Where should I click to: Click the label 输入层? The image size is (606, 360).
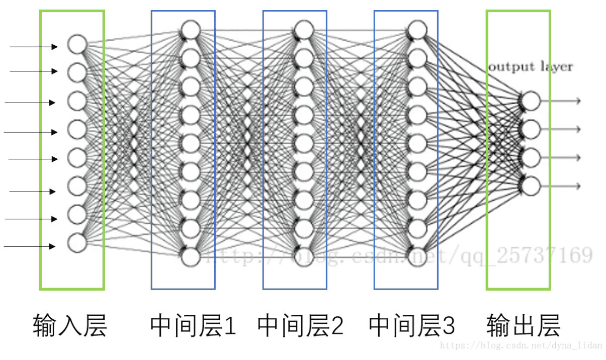click(70, 326)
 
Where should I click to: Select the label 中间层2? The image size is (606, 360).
click(300, 326)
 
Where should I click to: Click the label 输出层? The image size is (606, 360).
click(523, 326)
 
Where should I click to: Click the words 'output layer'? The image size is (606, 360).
click(530, 67)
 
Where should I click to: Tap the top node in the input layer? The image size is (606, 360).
click(77, 44)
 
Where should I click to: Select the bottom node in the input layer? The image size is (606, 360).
click(77, 243)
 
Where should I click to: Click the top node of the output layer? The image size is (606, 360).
click(531, 101)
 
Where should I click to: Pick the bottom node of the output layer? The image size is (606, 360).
click(531, 186)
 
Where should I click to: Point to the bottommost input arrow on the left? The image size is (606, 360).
click(30, 246)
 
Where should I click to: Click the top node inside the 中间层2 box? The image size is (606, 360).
click(304, 30)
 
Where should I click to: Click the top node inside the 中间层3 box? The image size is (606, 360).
click(417, 30)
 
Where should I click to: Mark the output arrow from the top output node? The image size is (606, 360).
click(561, 101)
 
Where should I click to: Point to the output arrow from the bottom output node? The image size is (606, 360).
click(561, 186)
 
